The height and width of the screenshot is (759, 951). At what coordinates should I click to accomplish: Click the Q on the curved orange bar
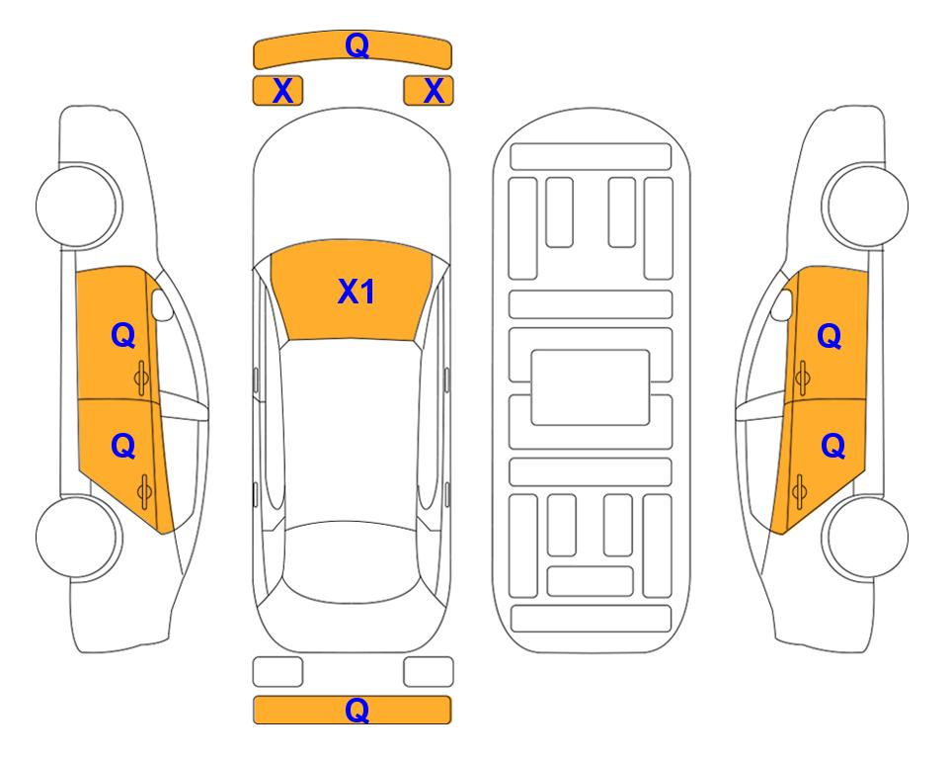coord(357,45)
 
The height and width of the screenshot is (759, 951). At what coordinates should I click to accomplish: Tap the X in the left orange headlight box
coord(282,91)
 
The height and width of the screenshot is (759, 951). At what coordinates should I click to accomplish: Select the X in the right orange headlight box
coord(434,91)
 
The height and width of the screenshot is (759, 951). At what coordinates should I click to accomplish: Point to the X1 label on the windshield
coord(357,292)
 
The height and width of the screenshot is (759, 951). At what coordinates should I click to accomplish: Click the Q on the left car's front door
coord(123,335)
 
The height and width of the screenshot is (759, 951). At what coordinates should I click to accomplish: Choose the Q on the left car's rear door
coord(123,447)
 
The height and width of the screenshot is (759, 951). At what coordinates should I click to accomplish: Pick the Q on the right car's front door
coord(830,336)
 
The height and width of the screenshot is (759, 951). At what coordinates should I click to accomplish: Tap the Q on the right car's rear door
coord(832,447)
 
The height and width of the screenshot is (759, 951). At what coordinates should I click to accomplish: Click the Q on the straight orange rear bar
coord(357,710)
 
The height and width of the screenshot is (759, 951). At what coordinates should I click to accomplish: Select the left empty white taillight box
coord(277,672)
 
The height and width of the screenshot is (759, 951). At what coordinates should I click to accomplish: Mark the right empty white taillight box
coord(429,672)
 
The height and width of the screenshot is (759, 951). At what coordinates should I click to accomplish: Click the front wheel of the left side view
coord(77,206)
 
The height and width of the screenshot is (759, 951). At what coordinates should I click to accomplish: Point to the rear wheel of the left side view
coord(77,537)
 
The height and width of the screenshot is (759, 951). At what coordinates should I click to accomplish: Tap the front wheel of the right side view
coord(867,206)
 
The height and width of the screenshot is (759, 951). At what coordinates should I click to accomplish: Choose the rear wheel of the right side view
coord(867,537)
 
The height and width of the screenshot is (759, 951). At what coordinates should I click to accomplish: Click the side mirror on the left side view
coord(162,304)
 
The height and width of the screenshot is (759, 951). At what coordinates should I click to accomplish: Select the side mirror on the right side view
coord(782,304)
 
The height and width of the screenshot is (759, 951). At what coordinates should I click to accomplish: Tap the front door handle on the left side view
coord(142,378)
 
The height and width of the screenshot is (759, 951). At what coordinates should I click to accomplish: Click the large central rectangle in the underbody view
coord(591,387)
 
